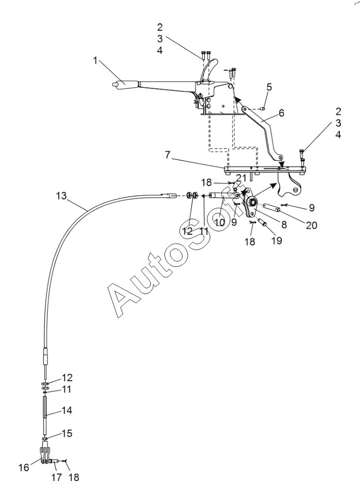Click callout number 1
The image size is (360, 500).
95,60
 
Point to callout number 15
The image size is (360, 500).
67,433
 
